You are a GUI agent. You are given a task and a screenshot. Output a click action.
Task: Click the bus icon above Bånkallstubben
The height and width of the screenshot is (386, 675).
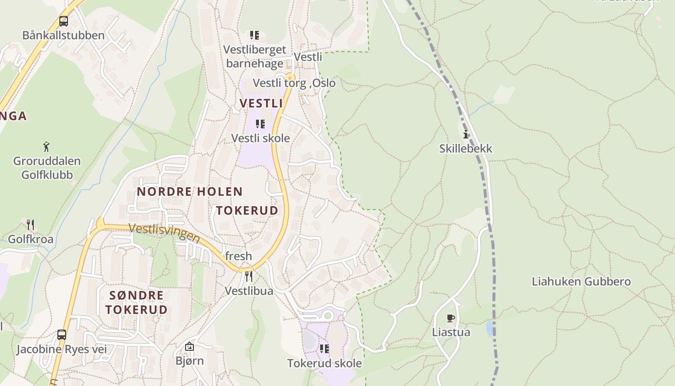63,21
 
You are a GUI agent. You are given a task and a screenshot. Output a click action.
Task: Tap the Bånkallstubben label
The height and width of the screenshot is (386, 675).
63,35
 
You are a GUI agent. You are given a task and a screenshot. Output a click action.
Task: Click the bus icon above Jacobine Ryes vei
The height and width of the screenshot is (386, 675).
61,334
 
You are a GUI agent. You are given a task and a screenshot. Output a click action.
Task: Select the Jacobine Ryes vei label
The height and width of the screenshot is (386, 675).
62,349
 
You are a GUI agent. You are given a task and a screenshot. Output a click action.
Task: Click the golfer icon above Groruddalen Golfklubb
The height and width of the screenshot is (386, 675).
46,146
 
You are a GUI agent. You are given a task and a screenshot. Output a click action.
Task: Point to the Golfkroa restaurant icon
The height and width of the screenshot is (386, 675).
30,224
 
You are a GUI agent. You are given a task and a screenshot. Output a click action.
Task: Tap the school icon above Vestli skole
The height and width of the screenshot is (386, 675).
260,124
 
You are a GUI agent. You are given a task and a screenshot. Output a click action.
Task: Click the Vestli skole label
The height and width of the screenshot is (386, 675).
260,138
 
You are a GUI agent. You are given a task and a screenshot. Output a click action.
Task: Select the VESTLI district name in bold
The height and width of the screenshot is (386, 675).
261,103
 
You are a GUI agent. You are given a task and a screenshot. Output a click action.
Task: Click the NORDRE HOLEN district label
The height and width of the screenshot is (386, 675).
189,192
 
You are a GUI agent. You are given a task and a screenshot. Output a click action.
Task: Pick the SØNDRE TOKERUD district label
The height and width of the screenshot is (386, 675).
136,302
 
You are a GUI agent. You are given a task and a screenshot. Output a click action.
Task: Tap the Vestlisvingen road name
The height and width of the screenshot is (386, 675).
164,233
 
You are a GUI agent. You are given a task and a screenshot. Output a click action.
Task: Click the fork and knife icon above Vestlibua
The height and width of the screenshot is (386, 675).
249,276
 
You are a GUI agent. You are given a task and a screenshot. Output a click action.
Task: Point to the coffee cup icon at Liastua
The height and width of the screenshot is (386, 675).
451,318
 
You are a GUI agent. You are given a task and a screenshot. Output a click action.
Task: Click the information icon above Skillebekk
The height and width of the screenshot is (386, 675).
466,134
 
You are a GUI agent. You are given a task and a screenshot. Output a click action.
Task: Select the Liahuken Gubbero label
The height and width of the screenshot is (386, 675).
581,281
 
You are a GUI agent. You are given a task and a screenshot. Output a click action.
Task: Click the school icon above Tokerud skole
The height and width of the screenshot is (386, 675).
324,348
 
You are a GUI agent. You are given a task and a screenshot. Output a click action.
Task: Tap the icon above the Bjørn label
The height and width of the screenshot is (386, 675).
189,346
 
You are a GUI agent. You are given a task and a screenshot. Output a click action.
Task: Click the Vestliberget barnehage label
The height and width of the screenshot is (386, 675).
255,56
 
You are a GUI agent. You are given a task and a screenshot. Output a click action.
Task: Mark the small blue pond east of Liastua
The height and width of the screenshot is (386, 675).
490,329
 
